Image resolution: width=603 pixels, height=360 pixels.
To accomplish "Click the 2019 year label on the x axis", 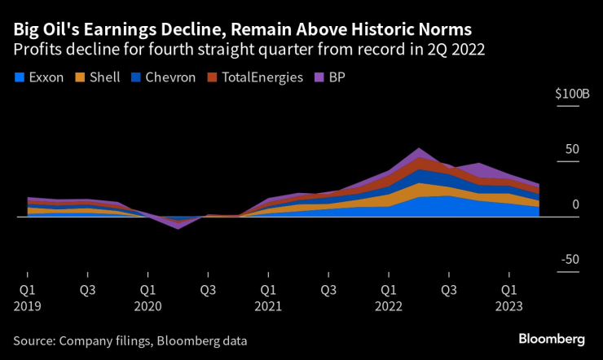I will [x=27, y=307].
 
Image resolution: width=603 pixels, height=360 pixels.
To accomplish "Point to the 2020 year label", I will [x=147, y=307].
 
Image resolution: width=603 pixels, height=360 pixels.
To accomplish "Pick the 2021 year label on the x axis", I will [x=268, y=307].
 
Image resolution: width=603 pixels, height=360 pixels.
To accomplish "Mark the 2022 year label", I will [x=389, y=307].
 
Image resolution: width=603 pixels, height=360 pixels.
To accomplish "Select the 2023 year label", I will [x=508, y=307].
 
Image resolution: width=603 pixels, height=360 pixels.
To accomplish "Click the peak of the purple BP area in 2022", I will [x=419, y=149].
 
